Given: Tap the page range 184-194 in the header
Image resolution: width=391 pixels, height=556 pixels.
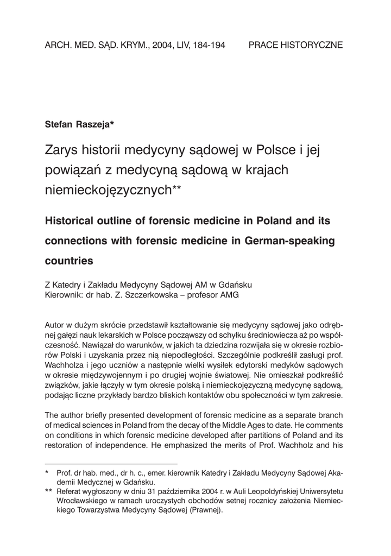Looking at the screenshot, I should coord(207,46).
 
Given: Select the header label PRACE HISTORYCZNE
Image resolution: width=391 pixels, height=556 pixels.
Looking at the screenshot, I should coord(295,46).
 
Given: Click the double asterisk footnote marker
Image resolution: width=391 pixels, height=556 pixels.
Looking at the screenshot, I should coord(48,492).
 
